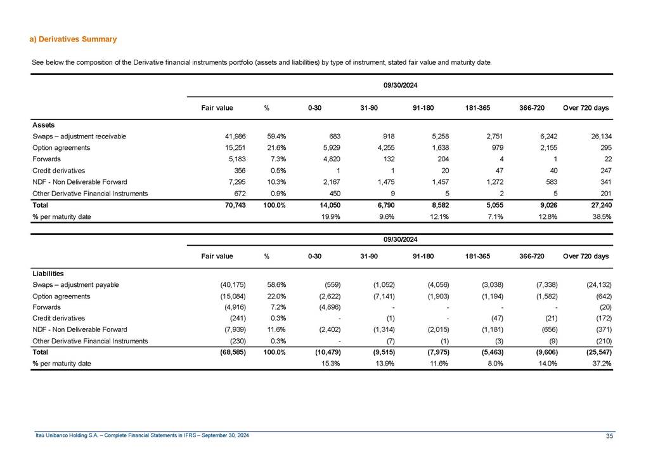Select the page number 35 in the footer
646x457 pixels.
tap(609, 435)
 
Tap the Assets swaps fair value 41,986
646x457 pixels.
tap(219, 136)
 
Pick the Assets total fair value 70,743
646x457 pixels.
tap(219, 206)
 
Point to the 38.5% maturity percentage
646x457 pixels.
tap(600, 217)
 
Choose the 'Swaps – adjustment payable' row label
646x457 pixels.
tap(75, 284)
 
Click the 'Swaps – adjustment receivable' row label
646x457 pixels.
tap(79, 136)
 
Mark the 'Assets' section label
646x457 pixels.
tap(43, 125)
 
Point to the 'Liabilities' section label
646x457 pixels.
tap(48, 274)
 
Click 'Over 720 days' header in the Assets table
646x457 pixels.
tap(586, 108)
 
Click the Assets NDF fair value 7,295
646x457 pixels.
tap(221, 182)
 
